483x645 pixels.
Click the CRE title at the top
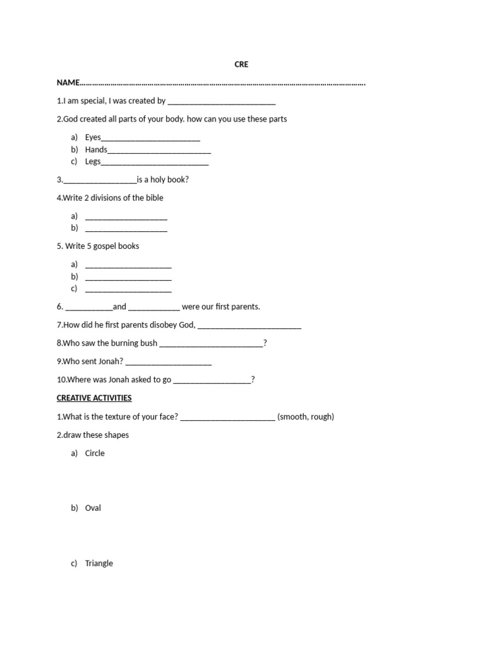pos(241,64)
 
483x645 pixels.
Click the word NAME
pos(68,83)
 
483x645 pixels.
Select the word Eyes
pos(93,137)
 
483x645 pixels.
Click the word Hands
pos(96,150)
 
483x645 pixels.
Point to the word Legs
pos(93,162)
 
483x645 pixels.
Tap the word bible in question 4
pos(155,198)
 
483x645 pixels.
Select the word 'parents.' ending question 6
pos(245,307)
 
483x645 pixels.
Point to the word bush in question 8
pos(148,343)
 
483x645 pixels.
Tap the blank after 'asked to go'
pos(211,380)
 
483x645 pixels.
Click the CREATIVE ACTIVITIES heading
pos(94,398)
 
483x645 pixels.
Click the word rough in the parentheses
pos(321,417)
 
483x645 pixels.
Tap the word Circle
pos(95,454)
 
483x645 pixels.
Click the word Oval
pos(93,508)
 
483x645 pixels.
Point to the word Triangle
pos(99,564)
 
